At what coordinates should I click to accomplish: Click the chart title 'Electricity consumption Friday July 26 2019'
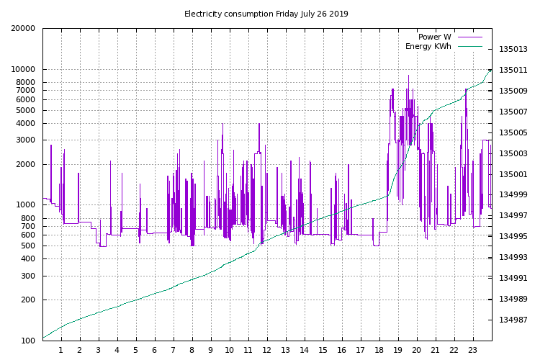266,14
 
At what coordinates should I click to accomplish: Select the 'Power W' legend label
434,37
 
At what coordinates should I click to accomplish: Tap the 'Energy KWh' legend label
428,46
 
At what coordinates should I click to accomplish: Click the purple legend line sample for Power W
469,37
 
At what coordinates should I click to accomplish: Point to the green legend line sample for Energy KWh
469,46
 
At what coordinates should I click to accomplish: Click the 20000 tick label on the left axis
23,28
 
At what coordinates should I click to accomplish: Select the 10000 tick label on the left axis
23,69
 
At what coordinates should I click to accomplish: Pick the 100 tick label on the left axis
28,341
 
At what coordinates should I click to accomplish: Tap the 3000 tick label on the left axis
26,140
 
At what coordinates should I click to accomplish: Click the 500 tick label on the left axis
28,246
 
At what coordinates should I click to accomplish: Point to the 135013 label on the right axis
513,49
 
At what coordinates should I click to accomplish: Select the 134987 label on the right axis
513,320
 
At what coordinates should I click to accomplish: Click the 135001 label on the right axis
513,174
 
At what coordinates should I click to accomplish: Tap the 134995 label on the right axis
513,236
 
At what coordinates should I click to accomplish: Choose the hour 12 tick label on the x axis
266,350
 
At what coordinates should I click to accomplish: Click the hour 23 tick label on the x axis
472,350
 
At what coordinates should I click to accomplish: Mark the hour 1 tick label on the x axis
61,350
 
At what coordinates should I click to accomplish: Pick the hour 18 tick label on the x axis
379,350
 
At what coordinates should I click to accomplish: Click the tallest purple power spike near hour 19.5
409,76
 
